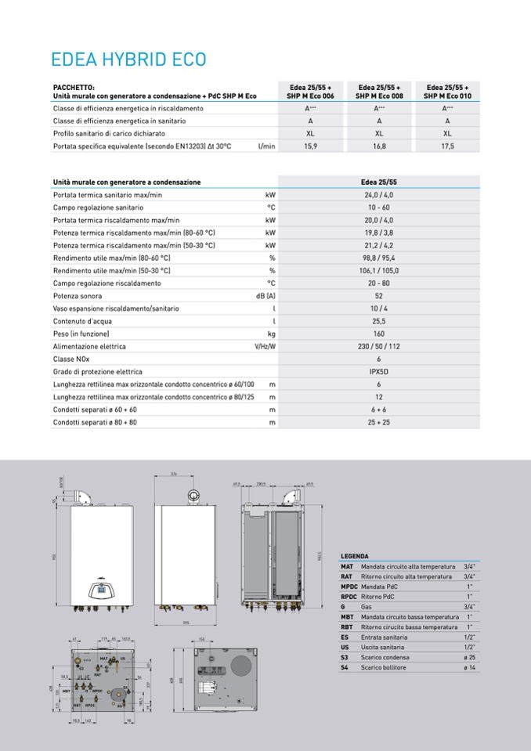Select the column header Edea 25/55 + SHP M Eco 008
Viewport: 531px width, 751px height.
379,91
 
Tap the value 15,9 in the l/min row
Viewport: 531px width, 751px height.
310,146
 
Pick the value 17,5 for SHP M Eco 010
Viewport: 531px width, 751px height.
447,146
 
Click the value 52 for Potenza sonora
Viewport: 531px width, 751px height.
379,295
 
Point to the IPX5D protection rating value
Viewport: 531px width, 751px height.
379,371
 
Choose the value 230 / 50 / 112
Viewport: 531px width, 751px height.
379,346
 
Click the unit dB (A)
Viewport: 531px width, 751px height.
265,295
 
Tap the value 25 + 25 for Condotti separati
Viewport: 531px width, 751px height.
379,422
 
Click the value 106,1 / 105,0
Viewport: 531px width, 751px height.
379,270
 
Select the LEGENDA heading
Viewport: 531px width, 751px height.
355,556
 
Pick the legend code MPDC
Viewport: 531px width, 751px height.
349,587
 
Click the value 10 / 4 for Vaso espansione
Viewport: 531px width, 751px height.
379,309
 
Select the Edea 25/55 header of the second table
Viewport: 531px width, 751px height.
379,182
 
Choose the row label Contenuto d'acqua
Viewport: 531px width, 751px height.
81,321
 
